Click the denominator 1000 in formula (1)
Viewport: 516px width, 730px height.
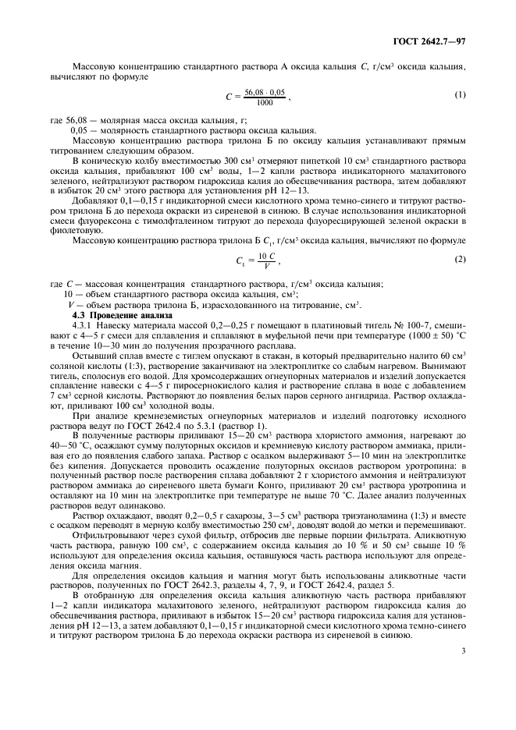(264, 102)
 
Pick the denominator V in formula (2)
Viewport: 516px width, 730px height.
(266, 264)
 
